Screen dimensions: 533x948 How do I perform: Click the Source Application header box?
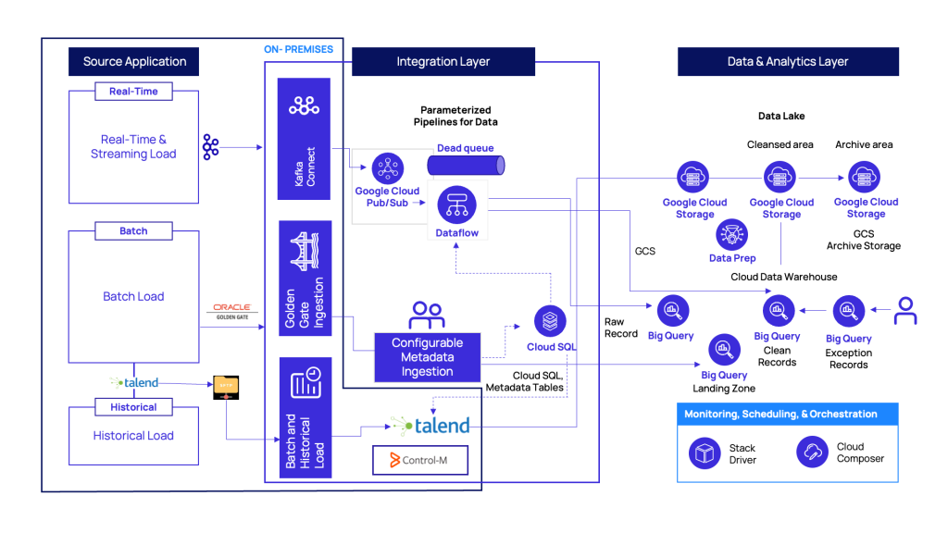point(134,62)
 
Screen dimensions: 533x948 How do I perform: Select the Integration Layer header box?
point(443,62)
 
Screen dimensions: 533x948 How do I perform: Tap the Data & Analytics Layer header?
point(787,62)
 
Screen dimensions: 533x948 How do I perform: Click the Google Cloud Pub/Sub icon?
point(387,168)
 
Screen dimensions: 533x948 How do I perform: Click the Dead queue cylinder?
point(466,165)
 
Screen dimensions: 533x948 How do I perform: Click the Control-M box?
point(420,460)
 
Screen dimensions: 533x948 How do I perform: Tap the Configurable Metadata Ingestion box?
point(427,356)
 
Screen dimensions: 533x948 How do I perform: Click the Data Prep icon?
point(732,235)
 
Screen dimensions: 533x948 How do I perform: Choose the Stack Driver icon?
point(705,452)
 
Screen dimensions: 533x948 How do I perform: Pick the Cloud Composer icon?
point(812,452)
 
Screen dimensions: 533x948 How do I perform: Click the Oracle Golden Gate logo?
point(231,310)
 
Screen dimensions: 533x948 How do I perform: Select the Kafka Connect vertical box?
point(304,139)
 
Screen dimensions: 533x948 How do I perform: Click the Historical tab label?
point(133,406)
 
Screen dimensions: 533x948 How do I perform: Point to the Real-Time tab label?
point(133,92)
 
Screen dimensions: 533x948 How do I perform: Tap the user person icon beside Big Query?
point(904,311)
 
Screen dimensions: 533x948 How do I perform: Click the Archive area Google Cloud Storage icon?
point(865,177)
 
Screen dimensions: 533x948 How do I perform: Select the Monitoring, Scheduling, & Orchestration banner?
point(780,414)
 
